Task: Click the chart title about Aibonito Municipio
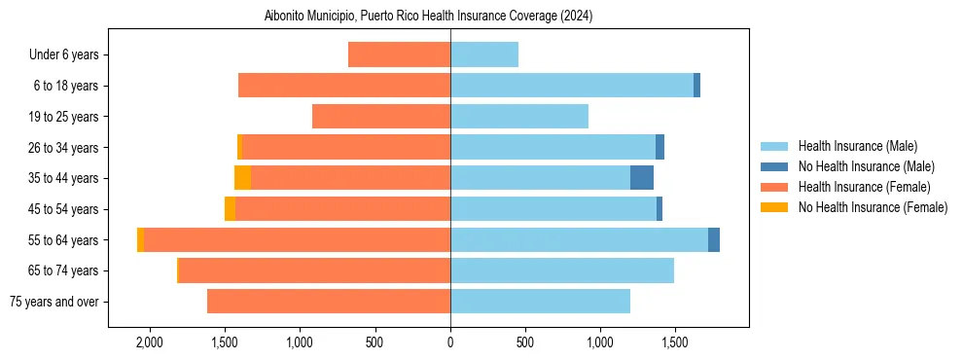429,16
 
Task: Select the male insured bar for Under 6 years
484,55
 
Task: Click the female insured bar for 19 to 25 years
381,117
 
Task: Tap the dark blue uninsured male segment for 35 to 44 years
642,178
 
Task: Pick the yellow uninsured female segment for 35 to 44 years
242,178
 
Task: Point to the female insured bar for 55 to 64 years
297,240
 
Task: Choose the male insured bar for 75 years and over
540,302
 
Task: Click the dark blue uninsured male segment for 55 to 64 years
714,240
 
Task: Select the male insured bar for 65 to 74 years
562,270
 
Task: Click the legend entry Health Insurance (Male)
857,146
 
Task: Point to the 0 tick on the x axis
450,342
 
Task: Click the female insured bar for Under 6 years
399,55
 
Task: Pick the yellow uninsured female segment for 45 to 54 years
230,209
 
